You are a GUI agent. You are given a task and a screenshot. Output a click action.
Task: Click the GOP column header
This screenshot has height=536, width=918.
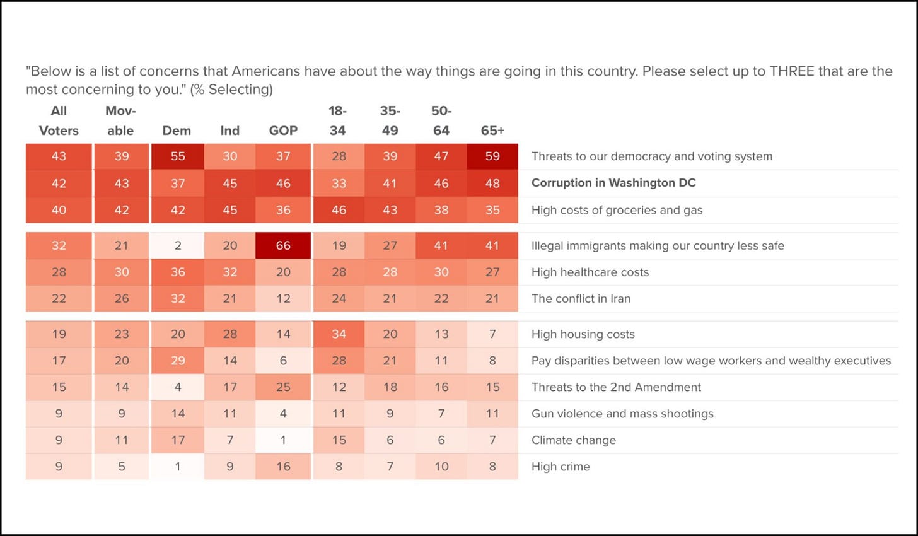[283, 131]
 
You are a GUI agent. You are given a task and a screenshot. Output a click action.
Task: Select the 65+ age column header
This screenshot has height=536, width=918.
[492, 131]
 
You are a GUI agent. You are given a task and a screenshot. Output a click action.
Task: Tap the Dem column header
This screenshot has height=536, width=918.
[177, 131]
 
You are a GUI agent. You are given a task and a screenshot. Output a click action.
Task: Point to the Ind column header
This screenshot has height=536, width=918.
[230, 131]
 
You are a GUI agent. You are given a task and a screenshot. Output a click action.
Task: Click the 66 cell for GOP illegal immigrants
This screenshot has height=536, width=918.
[283, 245]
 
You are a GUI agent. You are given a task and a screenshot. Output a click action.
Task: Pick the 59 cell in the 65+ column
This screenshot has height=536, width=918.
[492, 156]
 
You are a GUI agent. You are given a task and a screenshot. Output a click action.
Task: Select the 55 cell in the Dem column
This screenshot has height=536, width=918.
[178, 156]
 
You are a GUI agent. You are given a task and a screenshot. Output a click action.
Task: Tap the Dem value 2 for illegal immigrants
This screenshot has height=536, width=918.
[178, 245]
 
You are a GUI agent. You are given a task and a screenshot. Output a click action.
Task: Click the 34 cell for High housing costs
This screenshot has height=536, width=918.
[339, 334]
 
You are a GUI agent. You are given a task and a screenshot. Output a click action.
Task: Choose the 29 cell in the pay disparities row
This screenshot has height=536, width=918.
[178, 361]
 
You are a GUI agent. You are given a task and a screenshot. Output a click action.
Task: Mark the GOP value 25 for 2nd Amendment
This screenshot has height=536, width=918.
[283, 387]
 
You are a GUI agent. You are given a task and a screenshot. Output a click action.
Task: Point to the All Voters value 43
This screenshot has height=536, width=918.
[59, 156]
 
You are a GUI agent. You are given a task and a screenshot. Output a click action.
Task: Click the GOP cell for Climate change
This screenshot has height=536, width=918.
[283, 440]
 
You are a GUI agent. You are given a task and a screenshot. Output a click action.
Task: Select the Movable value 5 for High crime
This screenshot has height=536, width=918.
[122, 467]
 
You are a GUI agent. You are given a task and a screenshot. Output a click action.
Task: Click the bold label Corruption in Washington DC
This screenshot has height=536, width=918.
[613, 183]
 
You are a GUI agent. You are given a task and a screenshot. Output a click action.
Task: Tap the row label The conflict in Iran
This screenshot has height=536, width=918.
[581, 298]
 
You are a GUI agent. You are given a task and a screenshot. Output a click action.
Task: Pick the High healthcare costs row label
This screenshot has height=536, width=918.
[590, 272]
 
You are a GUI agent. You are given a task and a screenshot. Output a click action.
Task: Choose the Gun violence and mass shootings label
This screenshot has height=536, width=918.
[622, 414]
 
